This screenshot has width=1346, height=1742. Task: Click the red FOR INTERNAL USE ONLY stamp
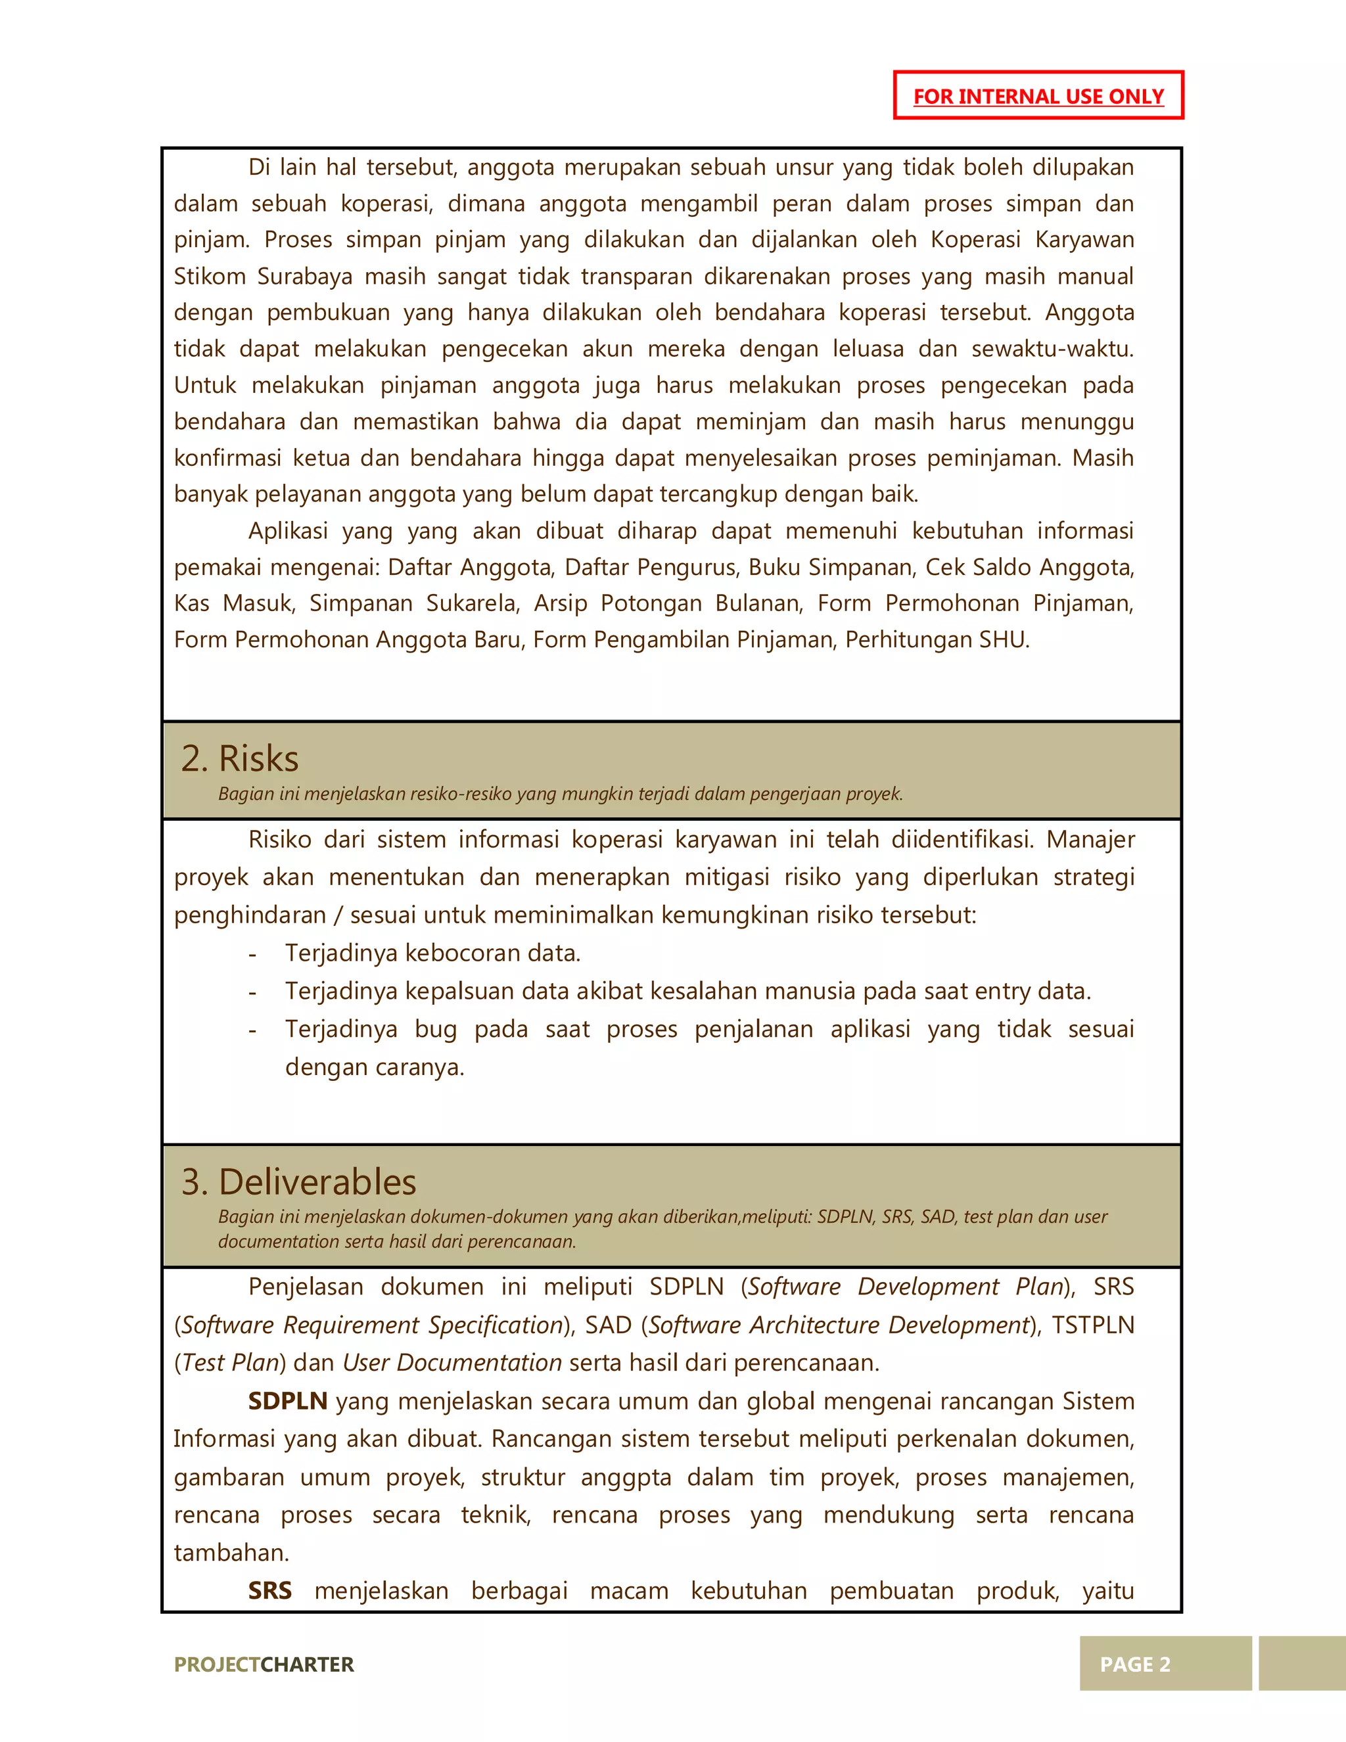coord(1038,96)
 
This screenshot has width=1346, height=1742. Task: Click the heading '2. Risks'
coord(239,758)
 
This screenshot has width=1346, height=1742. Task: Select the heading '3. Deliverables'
coord(298,1182)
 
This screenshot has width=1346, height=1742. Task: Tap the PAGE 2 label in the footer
coord(1134,1664)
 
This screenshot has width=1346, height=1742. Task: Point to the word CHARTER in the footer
coord(307,1664)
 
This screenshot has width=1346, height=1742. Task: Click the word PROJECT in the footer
coord(217,1664)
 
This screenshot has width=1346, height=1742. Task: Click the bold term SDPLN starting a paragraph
coord(287,1402)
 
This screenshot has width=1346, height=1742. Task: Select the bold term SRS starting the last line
coord(269,1592)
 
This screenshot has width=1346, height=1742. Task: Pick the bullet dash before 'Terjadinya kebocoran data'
coord(252,954)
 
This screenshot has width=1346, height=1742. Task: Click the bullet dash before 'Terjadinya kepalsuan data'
coord(252,992)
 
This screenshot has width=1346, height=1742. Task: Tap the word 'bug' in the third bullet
coord(436,1030)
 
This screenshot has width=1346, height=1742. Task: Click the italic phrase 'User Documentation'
coord(452,1363)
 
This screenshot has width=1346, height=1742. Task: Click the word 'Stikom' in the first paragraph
coord(208,277)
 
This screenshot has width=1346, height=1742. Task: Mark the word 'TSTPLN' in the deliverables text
coord(1092,1325)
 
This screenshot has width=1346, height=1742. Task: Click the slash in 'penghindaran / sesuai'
coord(338,915)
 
